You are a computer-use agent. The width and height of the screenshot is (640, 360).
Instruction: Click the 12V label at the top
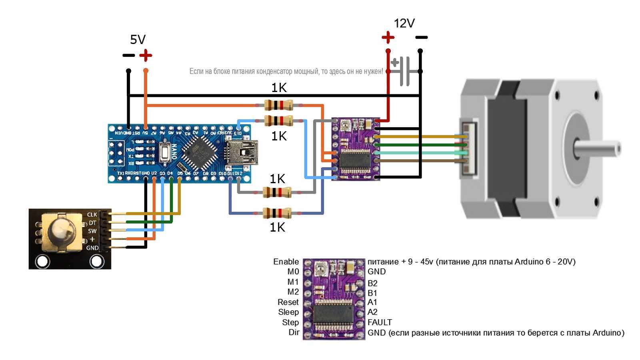(x=404, y=24)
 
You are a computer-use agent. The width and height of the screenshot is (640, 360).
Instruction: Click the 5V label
(x=138, y=40)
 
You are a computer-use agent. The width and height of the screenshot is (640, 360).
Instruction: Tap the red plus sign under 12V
(x=388, y=38)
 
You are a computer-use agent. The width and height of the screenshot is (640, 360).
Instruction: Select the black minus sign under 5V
(x=128, y=55)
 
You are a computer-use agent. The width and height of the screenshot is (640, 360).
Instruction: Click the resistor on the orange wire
(x=279, y=106)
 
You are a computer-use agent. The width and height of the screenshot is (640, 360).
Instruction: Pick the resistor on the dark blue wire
(x=277, y=213)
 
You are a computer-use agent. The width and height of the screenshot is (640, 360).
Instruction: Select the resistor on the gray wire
(x=277, y=193)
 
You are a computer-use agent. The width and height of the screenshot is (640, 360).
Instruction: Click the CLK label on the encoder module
(x=92, y=215)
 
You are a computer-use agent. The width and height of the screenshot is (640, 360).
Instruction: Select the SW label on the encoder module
(x=92, y=231)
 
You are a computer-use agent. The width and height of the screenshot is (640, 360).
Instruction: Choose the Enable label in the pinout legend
(x=286, y=262)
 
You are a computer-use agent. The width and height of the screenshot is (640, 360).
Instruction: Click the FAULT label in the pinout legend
(x=380, y=322)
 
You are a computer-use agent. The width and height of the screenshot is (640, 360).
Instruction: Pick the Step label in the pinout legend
(x=290, y=322)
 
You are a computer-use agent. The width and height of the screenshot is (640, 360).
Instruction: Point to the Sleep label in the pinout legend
(x=288, y=312)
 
